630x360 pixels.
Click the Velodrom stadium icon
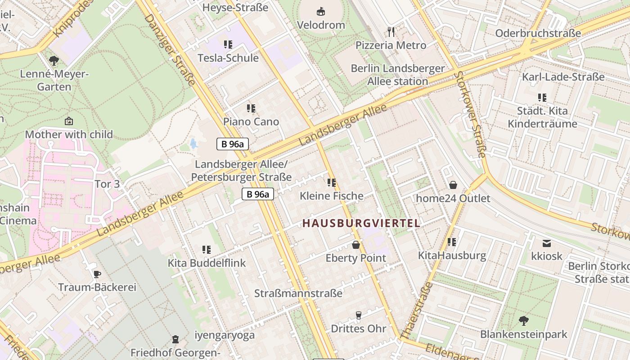click(x=321, y=11)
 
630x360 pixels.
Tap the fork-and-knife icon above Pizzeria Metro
click(x=391, y=31)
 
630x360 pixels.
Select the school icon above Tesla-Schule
click(x=228, y=44)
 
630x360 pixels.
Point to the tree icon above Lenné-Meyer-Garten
click(x=54, y=60)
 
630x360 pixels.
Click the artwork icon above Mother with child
click(x=69, y=121)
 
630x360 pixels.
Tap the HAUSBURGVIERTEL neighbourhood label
click(x=361, y=223)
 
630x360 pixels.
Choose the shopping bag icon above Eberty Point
click(x=356, y=245)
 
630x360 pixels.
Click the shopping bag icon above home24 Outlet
click(x=453, y=185)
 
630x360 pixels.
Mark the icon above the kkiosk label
click(x=547, y=243)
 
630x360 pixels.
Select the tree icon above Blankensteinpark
click(x=523, y=321)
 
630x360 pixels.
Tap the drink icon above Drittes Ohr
click(x=359, y=315)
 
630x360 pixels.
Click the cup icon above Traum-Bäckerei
click(x=97, y=274)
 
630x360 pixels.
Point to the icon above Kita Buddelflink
click(x=207, y=249)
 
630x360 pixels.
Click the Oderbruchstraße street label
click(x=538, y=33)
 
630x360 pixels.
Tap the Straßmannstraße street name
click(x=298, y=293)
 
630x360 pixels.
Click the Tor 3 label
click(x=107, y=184)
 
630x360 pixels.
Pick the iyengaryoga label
click(x=225, y=335)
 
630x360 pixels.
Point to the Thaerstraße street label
click(x=416, y=310)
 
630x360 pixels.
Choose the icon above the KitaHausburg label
click(x=452, y=242)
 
